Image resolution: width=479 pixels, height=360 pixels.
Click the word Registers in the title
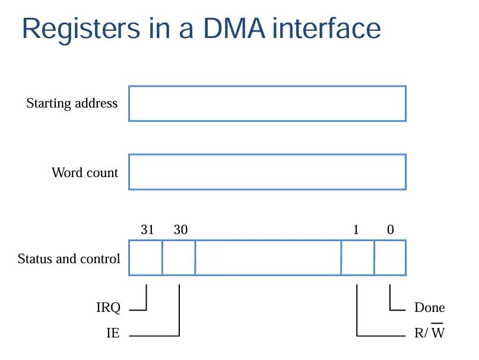(x=81, y=30)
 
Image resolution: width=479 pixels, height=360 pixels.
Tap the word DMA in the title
(x=234, y=29)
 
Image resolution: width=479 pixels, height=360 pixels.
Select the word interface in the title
(x=326, y=28)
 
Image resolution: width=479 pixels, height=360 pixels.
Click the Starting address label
(x=72, y=103)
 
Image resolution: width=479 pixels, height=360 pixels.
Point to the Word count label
(x=85, y=172)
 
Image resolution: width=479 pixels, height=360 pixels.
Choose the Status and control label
(x=69, y=259)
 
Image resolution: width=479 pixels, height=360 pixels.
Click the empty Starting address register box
(x=267, y=104)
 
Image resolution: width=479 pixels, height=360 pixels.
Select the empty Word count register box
(x=267, y=172)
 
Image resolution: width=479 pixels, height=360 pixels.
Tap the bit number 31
(x=147, y=230)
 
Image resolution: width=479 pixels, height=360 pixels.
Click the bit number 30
(x=180, y=230)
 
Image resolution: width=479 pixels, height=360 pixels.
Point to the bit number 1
(x=356, y=230)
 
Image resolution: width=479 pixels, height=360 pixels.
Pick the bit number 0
(x=391, y=230)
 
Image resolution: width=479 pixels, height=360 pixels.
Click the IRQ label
(x=109, y=308)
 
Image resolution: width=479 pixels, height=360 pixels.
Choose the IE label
(x=113, y=333)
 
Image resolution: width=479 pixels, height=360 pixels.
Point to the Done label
(x=430, y=308)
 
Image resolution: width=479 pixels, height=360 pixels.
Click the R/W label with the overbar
(x=429, y=331)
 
